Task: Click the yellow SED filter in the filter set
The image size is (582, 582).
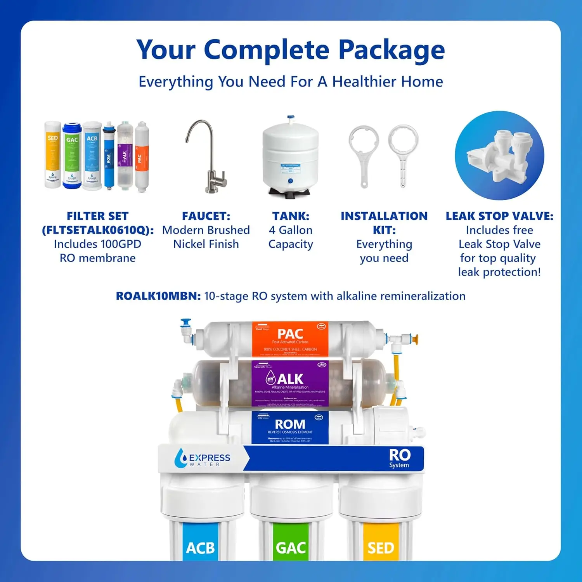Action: tap(52, 155)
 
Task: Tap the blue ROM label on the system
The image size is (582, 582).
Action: tap(290, 427)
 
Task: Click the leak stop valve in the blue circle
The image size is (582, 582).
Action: tap(499, 156)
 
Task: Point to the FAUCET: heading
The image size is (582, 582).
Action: tap(206, 216)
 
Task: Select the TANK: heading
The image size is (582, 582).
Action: tap(291, 216)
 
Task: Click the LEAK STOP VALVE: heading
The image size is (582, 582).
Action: tap(499, 216)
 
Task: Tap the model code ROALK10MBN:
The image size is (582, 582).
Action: tap(158, 296)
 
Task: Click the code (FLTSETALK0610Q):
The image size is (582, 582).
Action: tap(98, 230)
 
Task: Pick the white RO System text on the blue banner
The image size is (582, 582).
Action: tap(399, 458)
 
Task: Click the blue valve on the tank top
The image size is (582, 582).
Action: tap(291, 118)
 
